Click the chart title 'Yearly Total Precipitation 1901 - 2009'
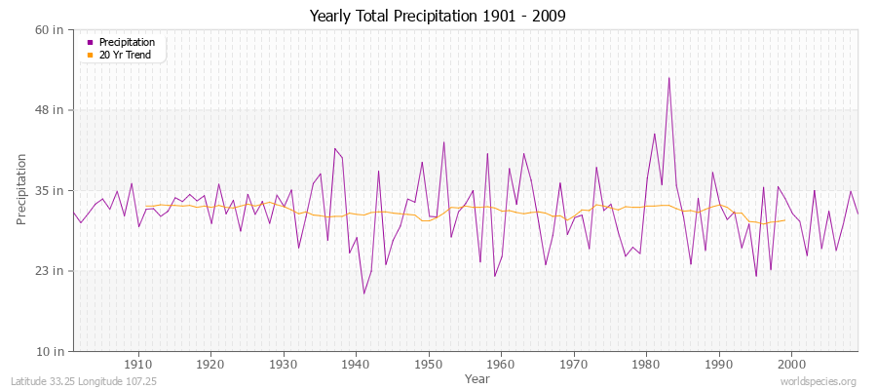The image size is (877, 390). [438, 17]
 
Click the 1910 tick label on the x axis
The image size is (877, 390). [138, 364]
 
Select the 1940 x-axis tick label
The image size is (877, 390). [356, 364]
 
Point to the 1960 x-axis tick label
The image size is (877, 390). [501, 364]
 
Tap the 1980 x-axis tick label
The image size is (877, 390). [646, 364]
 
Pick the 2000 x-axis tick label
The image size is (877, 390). [791, 364]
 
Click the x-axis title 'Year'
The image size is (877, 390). [477, 377]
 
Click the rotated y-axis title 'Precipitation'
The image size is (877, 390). [21, 190]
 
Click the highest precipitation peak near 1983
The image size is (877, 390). [668, 78]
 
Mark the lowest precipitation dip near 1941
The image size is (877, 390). [363, 293]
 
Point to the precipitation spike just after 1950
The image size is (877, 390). [443, 142]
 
